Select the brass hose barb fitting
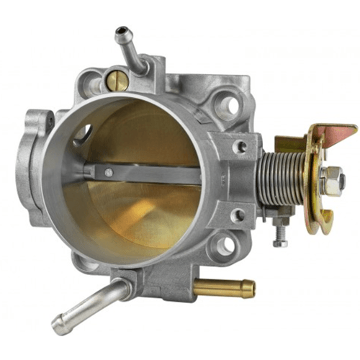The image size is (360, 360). click(225, 288)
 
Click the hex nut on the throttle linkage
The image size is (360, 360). click(332, 181)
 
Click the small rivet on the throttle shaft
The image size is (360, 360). click(107, 172)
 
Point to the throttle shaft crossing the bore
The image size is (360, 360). click(144, 174)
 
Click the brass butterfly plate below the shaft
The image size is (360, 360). click(144, 216)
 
